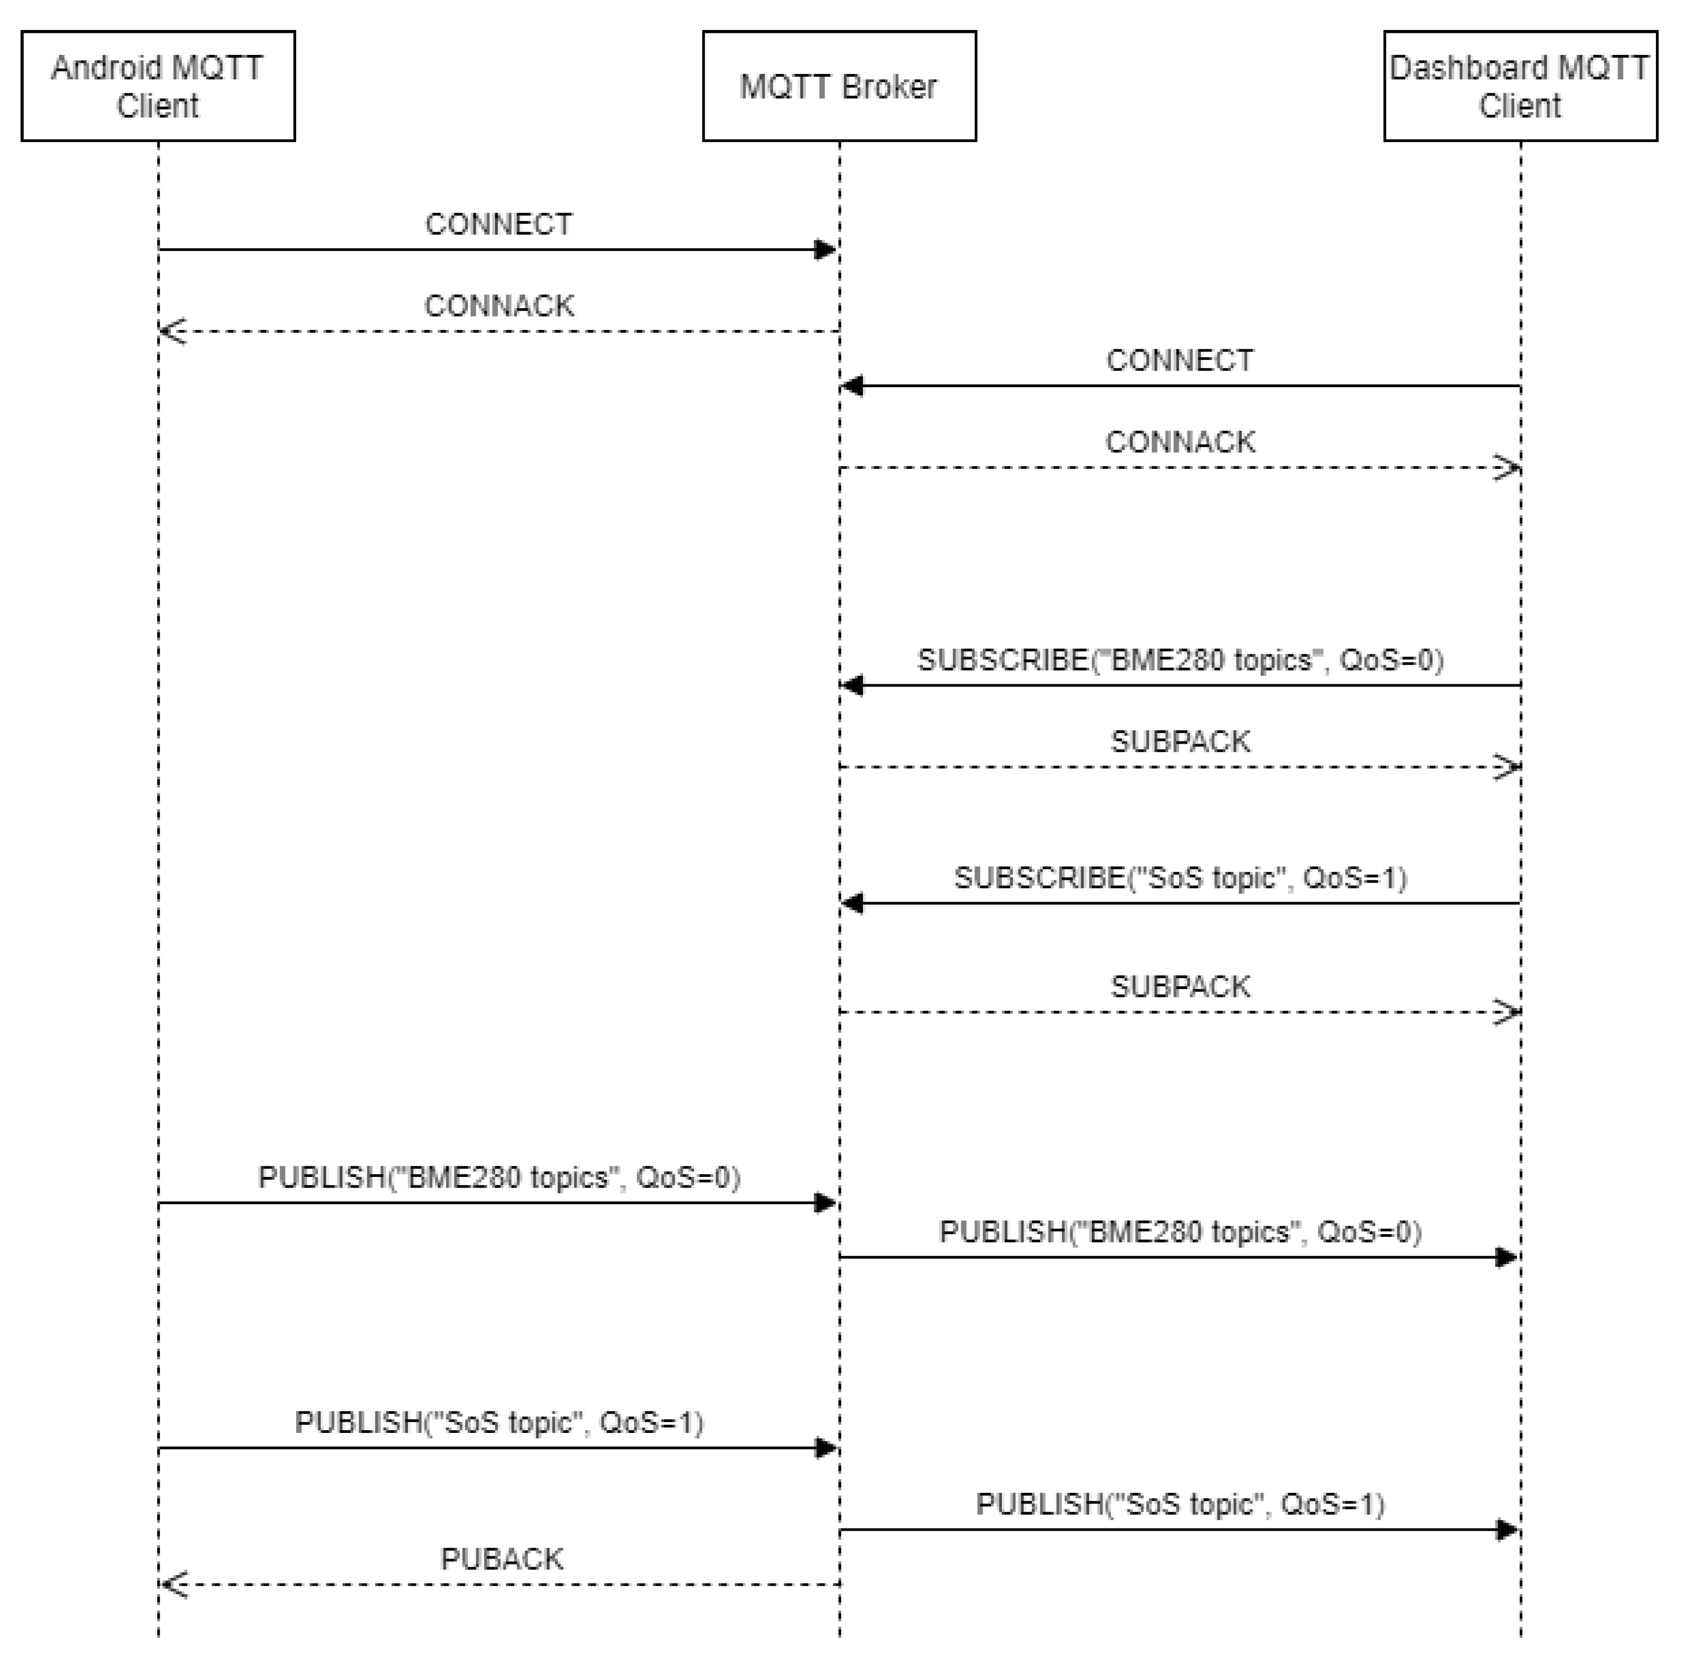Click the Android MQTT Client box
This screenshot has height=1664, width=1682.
158,86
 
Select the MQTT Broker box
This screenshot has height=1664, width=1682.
838,86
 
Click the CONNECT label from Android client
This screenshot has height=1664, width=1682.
499,224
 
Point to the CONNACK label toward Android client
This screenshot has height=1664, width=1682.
499,307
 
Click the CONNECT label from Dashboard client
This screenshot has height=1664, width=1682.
1180,360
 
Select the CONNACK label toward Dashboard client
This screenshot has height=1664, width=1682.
1180,442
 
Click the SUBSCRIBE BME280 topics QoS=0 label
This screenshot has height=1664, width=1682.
1180,660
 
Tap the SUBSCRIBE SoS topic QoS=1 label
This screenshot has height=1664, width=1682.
1180,878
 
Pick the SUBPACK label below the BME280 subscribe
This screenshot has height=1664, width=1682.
1180,741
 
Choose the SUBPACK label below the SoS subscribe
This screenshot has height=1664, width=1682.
1180,987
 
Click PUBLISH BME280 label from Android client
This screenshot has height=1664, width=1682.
499,1177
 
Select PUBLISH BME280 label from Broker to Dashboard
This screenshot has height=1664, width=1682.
1180,1232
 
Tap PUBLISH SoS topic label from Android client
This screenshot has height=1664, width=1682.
499,1423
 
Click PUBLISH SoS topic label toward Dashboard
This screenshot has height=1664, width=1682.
1180,1505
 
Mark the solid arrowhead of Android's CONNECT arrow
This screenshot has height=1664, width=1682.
825,250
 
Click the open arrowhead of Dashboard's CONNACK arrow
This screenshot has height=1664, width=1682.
1507,468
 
